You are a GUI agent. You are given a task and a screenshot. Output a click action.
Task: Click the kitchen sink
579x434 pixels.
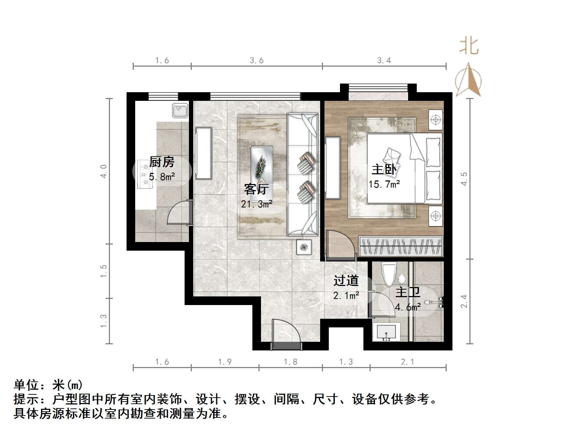tap(180, 110)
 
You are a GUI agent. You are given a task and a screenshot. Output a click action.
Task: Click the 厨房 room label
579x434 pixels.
tap(162, 162)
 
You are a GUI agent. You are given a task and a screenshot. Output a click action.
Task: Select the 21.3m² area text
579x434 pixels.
tap(256, 204)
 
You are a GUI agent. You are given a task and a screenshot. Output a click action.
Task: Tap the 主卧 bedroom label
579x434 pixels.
tap(384, 169)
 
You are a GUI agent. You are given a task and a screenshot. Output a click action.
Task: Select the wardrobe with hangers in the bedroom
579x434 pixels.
tap(401, 246)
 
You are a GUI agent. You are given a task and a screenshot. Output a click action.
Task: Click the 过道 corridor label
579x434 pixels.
tap(346, 281)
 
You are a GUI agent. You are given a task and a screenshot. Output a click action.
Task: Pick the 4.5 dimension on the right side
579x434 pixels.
tap(464, 179)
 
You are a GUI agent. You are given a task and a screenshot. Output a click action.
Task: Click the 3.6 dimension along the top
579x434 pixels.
tap(257, 61)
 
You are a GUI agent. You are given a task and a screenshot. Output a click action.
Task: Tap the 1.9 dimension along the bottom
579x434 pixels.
tap(225, 362)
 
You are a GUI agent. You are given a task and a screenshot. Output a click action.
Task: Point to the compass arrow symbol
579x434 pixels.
tap(468, 81)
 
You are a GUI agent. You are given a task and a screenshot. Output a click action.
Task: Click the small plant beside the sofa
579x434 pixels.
tap(304, 247)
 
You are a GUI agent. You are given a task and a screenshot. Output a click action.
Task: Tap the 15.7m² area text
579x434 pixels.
tap(384, 184)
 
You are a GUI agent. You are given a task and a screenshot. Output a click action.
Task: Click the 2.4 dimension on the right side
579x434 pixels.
tap(464, 301)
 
